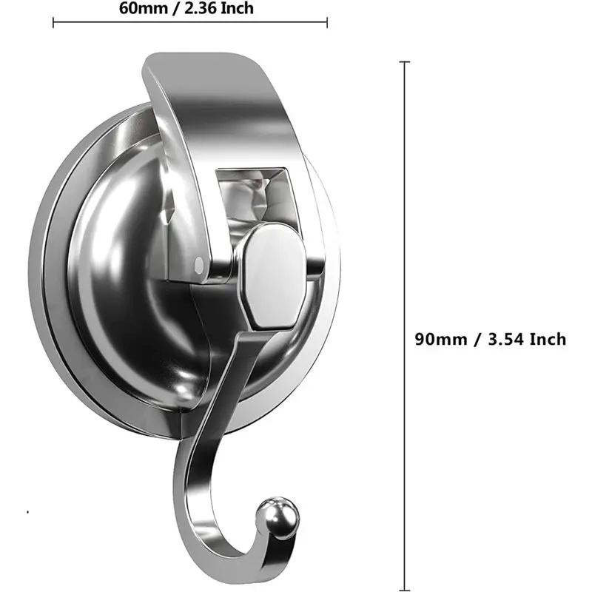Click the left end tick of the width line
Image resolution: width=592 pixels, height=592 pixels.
(53, 22)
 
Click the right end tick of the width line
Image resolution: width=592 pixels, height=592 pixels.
(327, 22)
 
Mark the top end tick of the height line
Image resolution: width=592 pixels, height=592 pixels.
(405, 63)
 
